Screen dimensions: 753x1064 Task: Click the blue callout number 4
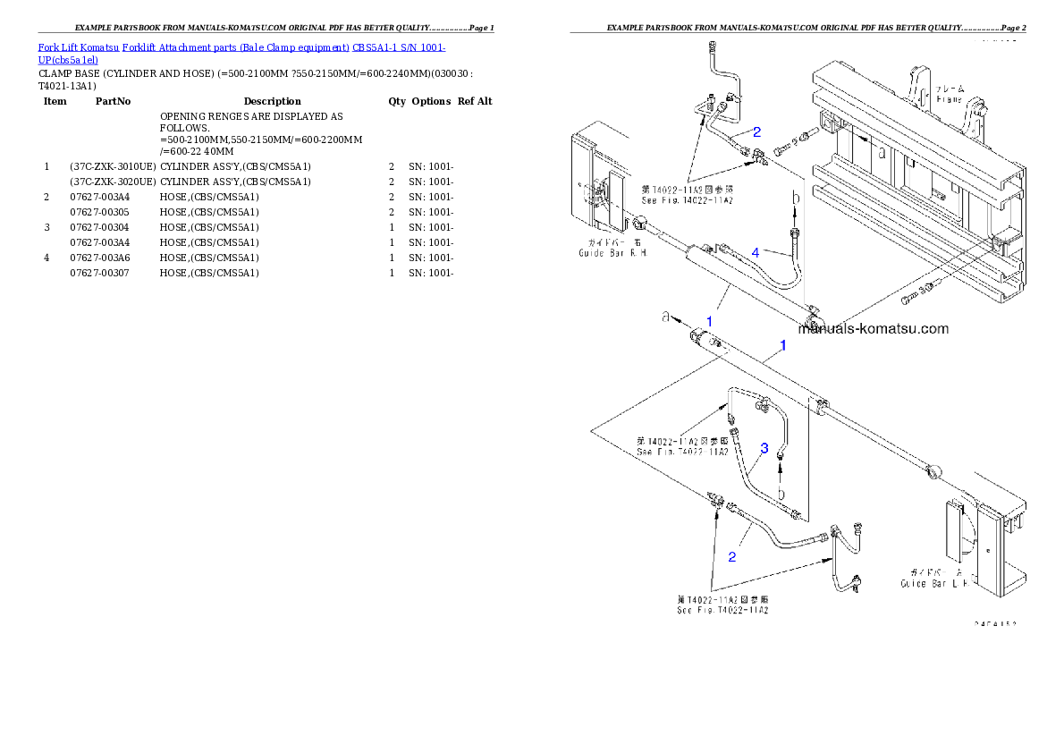point(756,253)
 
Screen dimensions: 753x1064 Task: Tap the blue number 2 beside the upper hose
point(756,131)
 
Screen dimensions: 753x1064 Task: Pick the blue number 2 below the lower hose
point(731,557)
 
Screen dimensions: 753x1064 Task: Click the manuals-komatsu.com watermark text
point(873,328)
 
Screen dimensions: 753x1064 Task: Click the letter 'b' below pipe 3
point(781,492)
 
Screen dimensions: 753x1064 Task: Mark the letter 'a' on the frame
point(882,152)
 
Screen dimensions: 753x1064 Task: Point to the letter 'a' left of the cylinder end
point(665,316)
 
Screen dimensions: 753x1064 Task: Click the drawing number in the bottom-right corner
point(994,625)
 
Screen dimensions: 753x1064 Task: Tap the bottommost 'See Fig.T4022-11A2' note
point(722,610)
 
